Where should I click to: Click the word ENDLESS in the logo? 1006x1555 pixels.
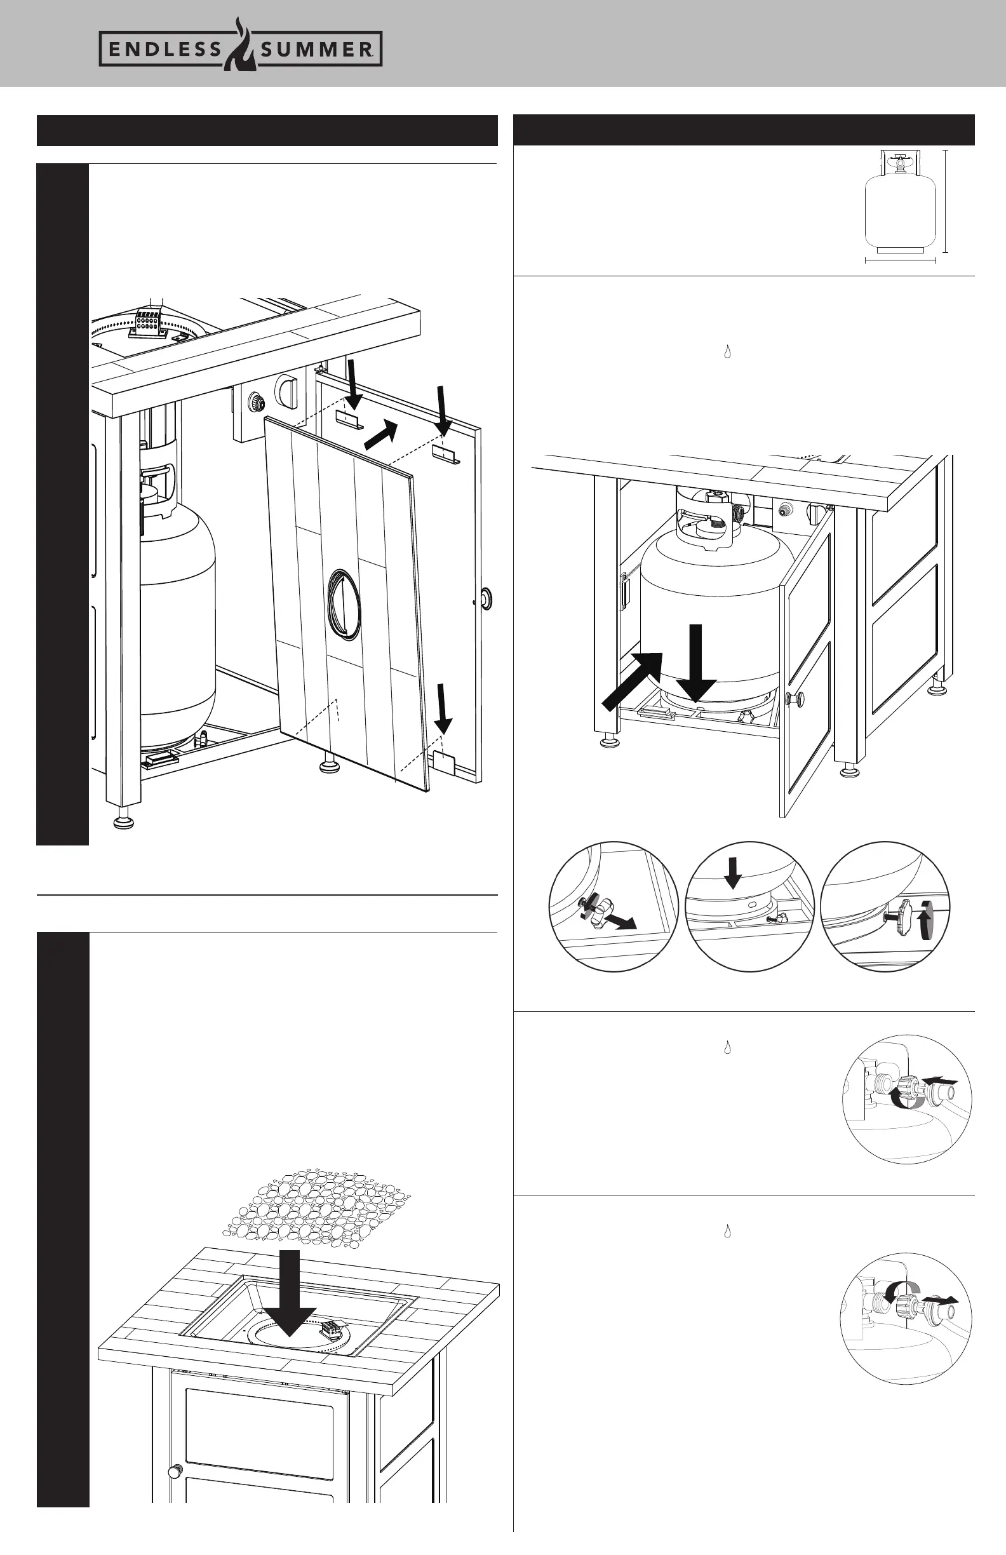[164, 50]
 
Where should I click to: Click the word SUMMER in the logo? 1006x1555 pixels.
[316, 50]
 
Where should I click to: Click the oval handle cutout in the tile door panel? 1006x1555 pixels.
[344, 604]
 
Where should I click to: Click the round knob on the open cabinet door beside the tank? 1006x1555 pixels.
[796, 699]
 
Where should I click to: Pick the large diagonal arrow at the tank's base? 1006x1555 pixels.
[633, 682]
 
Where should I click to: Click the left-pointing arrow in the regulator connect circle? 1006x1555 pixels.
[943, 1081]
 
